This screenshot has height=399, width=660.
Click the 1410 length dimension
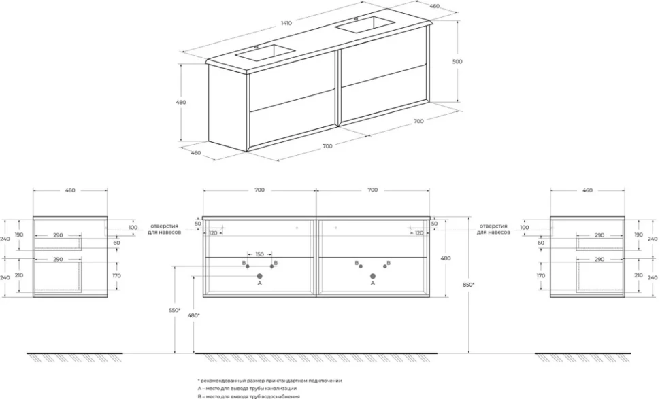tap(286, 23)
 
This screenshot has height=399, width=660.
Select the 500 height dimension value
tap(457, 61)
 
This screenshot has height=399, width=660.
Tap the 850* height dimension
tap(468, 285)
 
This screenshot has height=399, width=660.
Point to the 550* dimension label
tap(174, 310)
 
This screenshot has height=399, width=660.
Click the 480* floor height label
tap(194, 315)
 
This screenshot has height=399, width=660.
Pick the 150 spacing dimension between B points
tap(259, 254)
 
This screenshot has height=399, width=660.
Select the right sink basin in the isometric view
tap(365, 24)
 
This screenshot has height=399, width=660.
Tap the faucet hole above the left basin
tap(256, 47)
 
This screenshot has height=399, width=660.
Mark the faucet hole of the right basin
tap(356, 19)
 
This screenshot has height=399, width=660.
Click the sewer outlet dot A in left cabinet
tap(259, 276)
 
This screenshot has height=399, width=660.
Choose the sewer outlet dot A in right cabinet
tap(372, 276)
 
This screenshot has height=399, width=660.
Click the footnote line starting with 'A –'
tap(247, 389)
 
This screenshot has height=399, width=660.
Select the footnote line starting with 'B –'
tap(249, 396)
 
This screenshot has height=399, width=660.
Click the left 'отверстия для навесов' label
tap(164, 228)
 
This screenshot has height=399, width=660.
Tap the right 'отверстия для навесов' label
tap(493, 228)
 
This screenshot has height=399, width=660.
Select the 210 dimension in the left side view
tap(19, 275)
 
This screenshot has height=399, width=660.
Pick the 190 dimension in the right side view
tap(638, 235)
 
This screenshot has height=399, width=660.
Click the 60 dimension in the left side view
tap(116, 243)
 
